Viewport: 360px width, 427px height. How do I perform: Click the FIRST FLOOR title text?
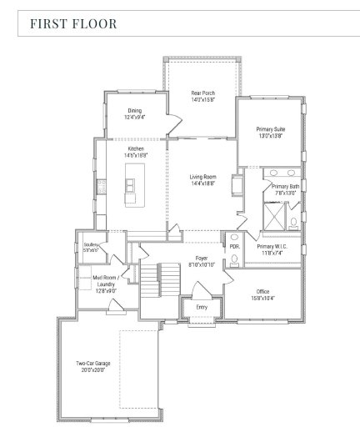(73, 23)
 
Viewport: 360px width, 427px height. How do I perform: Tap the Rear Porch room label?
(203, 93)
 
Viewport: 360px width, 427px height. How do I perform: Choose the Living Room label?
(202, 177)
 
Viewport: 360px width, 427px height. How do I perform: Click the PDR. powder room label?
(234, 247)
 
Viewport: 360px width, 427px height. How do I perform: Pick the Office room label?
(262, 292)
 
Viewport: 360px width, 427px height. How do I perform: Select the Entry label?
(201, 307)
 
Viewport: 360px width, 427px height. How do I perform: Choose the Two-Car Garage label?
(93, 364)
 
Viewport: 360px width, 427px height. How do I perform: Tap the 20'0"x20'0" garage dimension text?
(93, 370)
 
